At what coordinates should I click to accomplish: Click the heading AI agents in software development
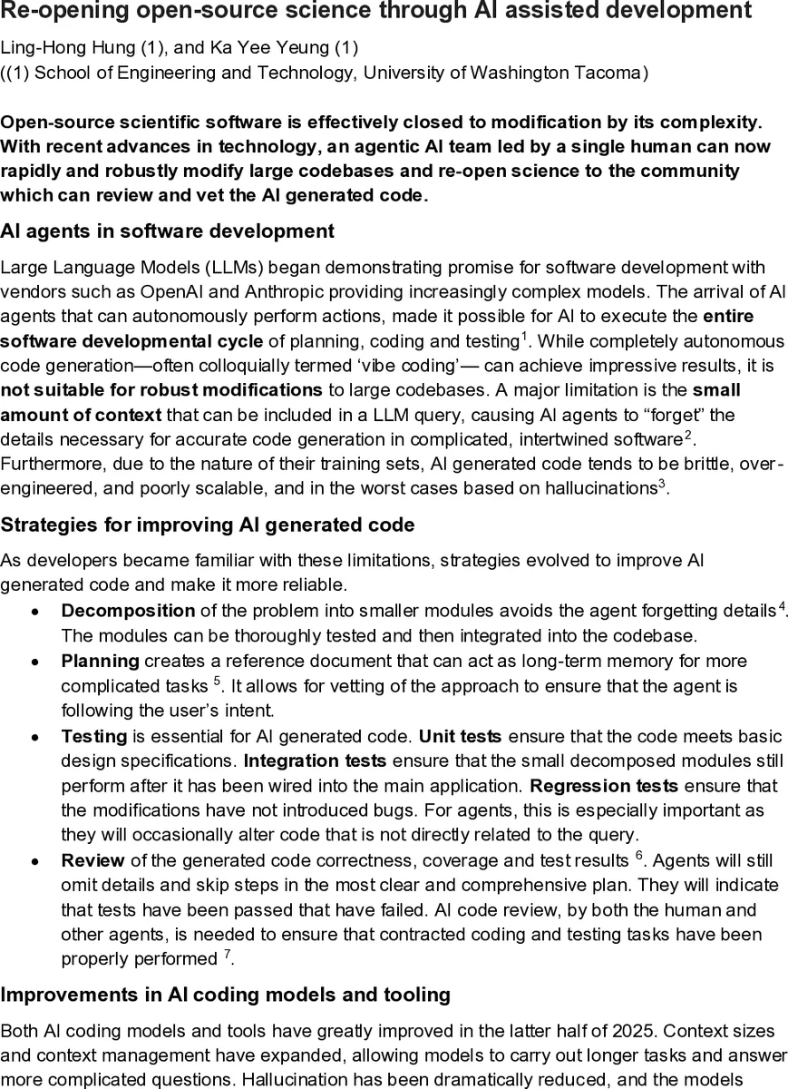[167, 231]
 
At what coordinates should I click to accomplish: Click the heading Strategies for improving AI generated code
[208, 525]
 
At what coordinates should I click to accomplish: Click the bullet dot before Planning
[34, 662]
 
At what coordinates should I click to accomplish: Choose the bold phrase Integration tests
[315, 760]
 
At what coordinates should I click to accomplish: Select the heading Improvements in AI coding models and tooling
[225, 995]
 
